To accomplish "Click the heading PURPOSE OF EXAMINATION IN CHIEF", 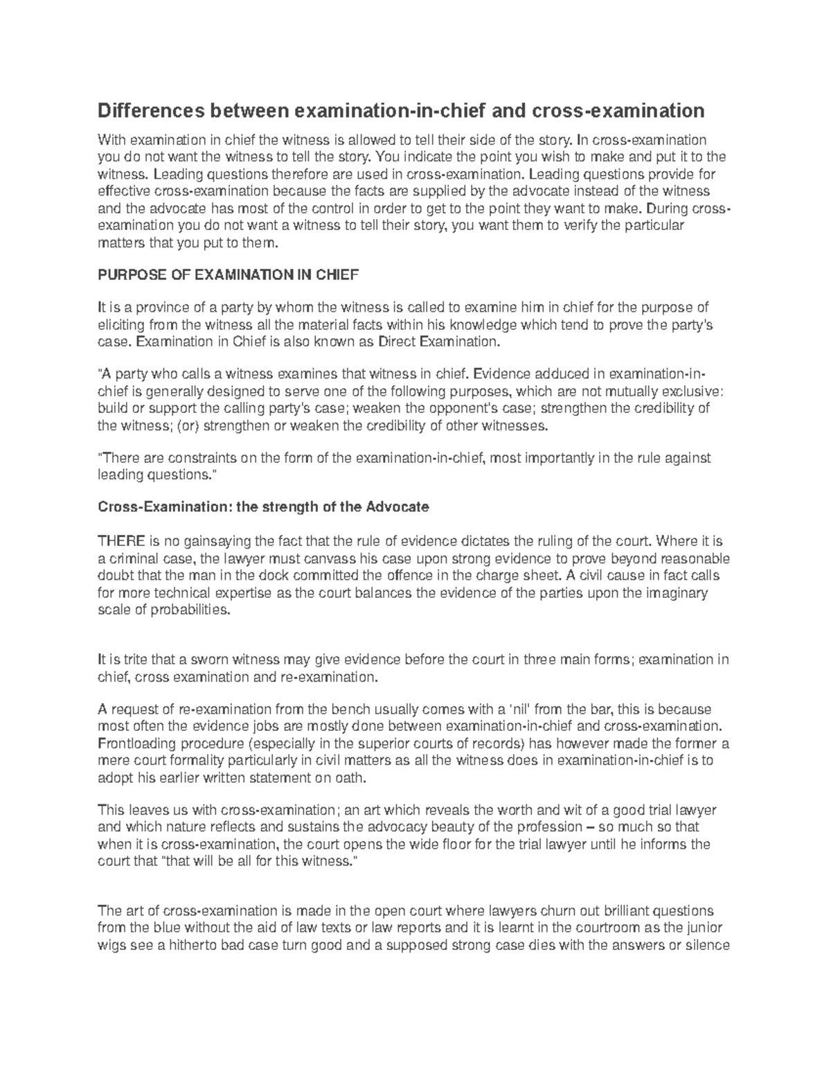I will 229,274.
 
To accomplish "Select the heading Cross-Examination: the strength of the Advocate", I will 263,507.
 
